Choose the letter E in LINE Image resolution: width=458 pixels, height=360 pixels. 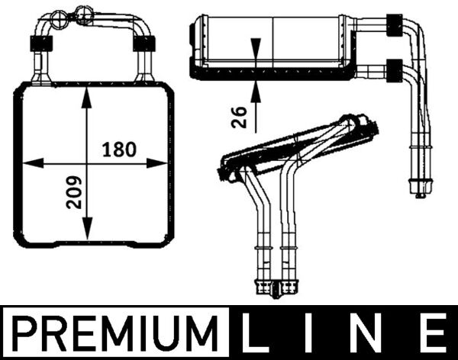431,333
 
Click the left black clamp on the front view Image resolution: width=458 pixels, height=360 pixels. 38,43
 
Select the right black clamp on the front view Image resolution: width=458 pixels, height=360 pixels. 141,43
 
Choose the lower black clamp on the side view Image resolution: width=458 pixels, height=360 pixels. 395,71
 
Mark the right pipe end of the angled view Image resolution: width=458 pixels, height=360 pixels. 290,288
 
